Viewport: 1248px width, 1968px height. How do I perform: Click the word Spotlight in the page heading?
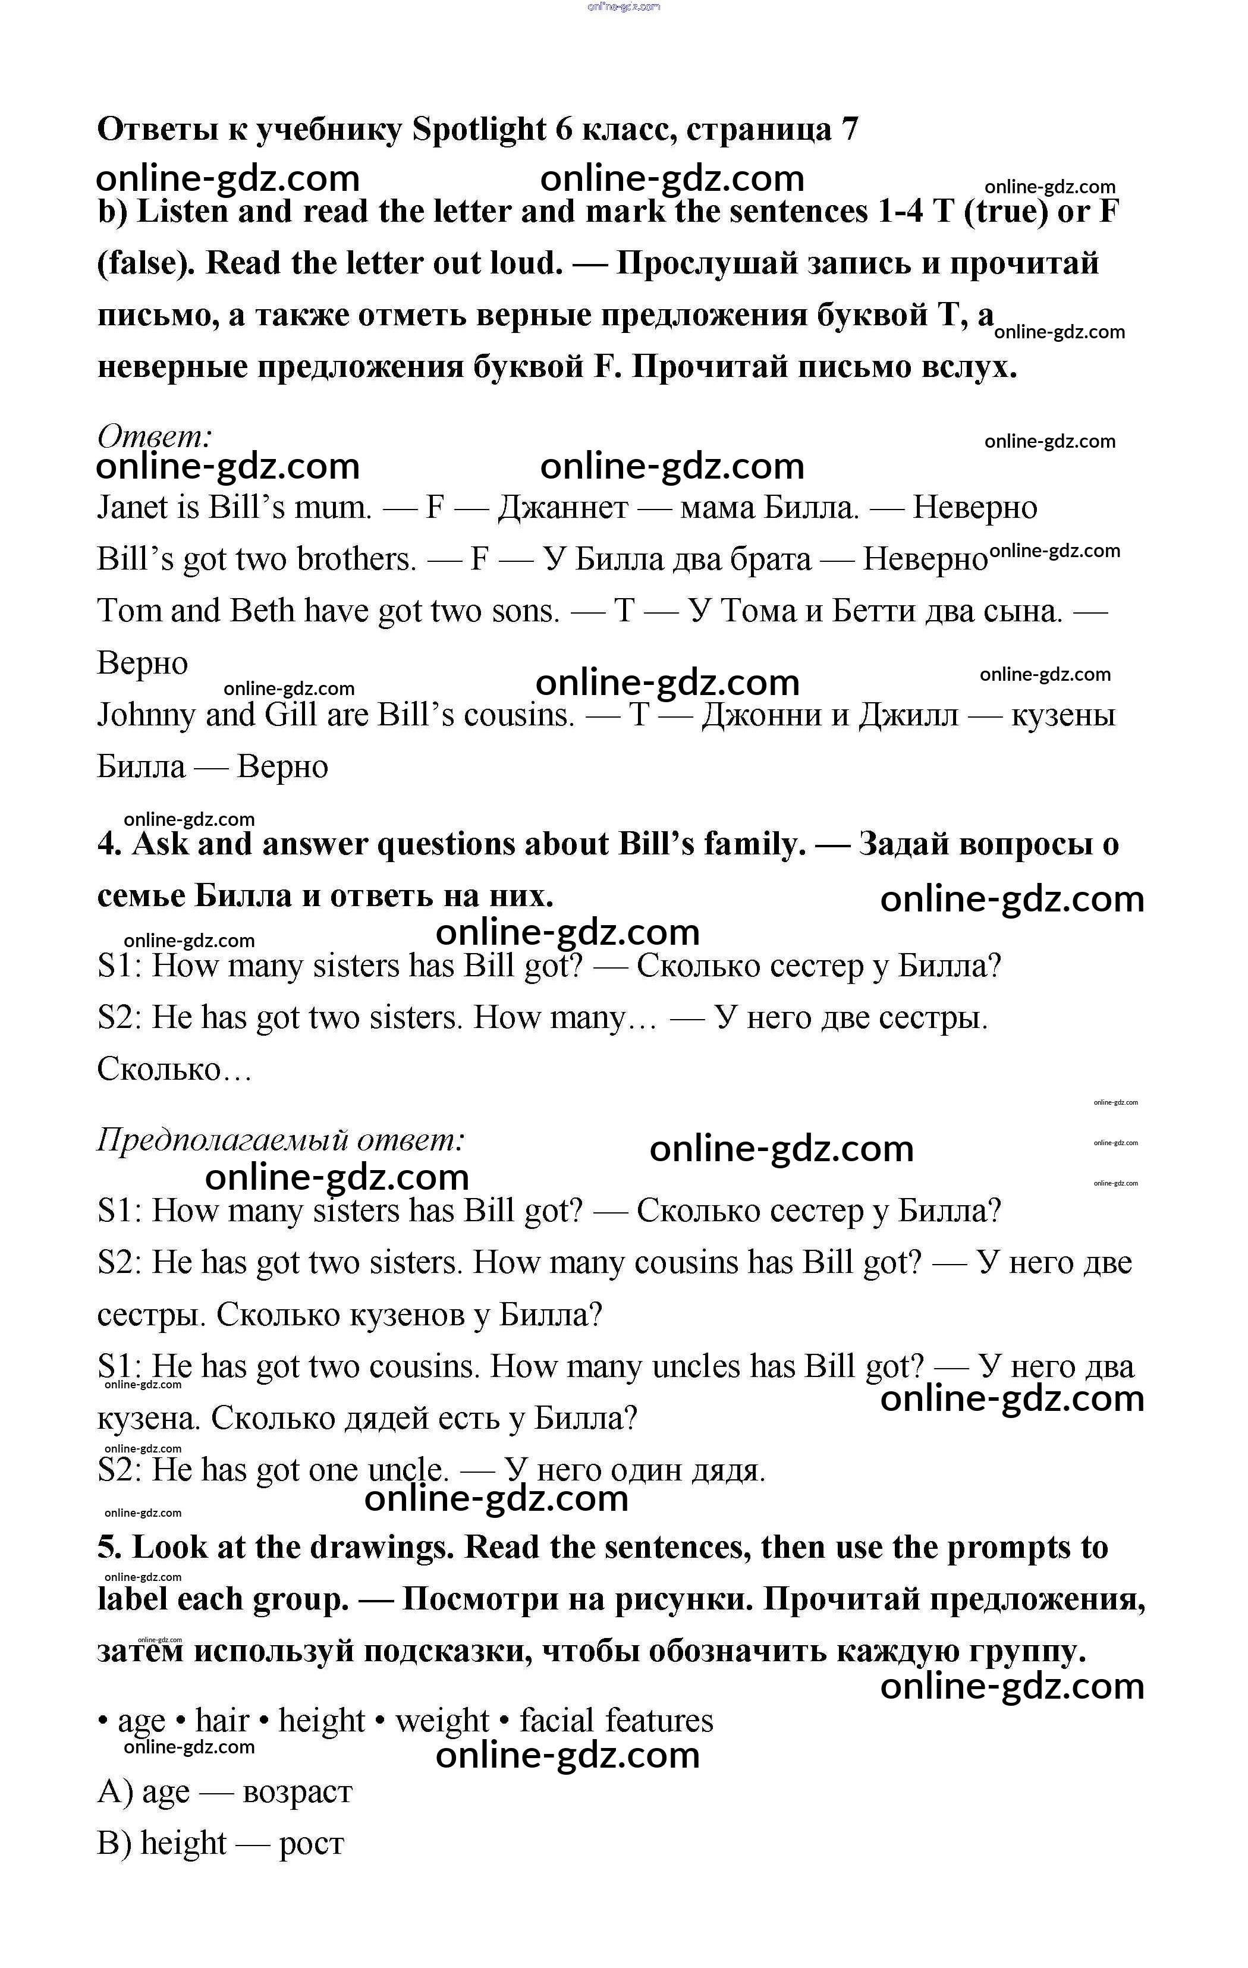(479, 129)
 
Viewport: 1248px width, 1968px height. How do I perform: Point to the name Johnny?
(146, 715)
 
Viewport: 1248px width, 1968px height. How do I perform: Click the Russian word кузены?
(1063, 715)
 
